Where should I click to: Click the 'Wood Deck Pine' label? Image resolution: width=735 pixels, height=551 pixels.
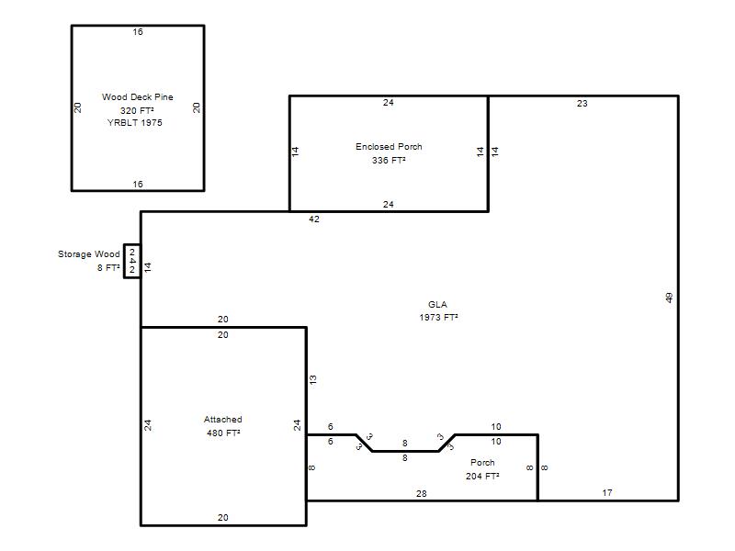(x=137, y=97)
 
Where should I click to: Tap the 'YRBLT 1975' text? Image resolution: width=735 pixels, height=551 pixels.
(x=135, y=123)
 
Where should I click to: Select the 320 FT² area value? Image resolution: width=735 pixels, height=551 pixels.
(x=137, y=110)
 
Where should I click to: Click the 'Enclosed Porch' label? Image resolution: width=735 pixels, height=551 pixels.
(x=389, y=147)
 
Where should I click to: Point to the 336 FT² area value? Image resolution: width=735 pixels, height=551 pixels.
(x=389, y=160)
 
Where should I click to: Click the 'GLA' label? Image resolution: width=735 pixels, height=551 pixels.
(x=437, y=305)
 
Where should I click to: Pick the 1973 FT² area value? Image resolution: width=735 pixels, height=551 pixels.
(x=438, y=318)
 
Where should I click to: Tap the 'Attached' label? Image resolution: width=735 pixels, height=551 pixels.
(x=222, y=420)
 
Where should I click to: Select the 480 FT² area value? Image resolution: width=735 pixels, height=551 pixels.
(x=223, y=433)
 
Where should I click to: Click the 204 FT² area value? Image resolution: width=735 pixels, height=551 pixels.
(x=482, y=476)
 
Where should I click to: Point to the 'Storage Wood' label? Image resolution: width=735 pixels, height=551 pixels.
(x=88, y=254)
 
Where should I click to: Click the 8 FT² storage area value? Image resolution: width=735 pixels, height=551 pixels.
(x=108, y=267)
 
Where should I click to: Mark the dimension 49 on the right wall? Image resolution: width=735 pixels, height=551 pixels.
(x=669, y=298)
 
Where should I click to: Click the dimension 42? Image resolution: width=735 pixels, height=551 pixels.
(x=314, y=219)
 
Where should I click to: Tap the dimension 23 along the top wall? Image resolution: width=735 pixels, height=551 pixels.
(x=582, y=104)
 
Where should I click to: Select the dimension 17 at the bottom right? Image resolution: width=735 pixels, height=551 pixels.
(x=607, y=493)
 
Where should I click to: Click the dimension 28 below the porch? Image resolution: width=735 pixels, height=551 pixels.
(x=422, y=493)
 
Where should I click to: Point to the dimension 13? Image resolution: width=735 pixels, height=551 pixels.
(x=313, y=379)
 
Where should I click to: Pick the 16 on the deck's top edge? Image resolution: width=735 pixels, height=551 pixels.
(x=138, y=32)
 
